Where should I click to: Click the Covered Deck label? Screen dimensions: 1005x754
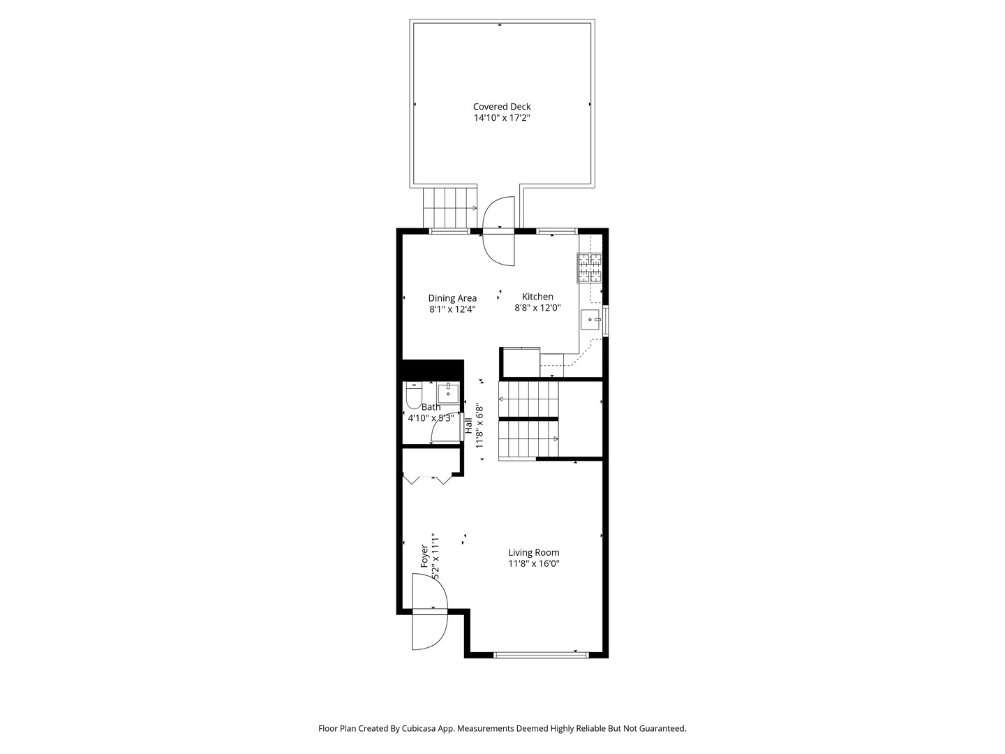(502, 107)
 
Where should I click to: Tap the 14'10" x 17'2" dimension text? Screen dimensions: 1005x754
(502, 118)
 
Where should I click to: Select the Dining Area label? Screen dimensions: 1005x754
(452, 299)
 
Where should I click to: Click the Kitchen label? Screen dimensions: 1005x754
(537, 297)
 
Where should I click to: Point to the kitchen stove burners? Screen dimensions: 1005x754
(589, 268)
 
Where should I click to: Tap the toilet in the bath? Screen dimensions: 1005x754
(415, 396)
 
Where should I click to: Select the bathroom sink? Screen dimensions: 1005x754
(448, 393)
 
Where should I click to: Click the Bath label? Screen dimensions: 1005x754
(431, 407)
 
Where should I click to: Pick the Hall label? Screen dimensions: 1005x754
(468, 426)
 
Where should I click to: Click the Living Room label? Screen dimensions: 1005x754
(534, 552)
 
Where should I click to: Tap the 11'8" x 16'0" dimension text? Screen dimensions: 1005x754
(534, 563)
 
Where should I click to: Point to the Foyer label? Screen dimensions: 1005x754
(424, 556)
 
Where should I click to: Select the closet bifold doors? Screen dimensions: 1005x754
(428, 480)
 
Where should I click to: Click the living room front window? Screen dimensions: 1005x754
(541, 655)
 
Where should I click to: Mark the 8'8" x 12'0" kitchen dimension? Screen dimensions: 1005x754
(537, 308)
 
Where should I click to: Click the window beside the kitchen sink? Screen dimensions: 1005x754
(605, 321)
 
